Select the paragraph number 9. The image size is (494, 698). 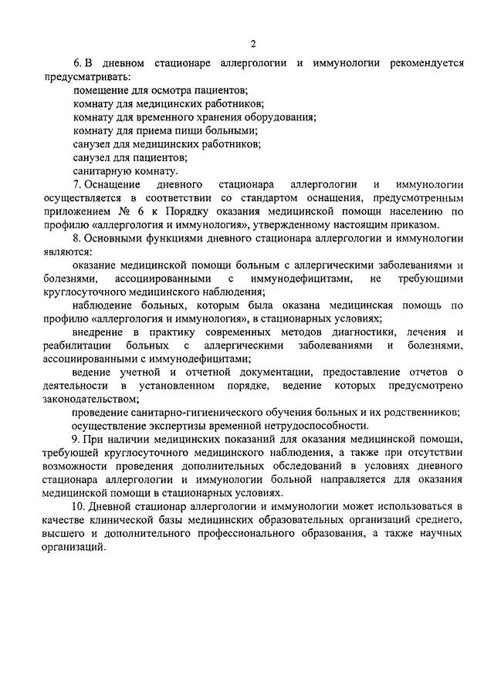pos(76,438)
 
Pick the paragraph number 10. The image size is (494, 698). pos(78,504)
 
